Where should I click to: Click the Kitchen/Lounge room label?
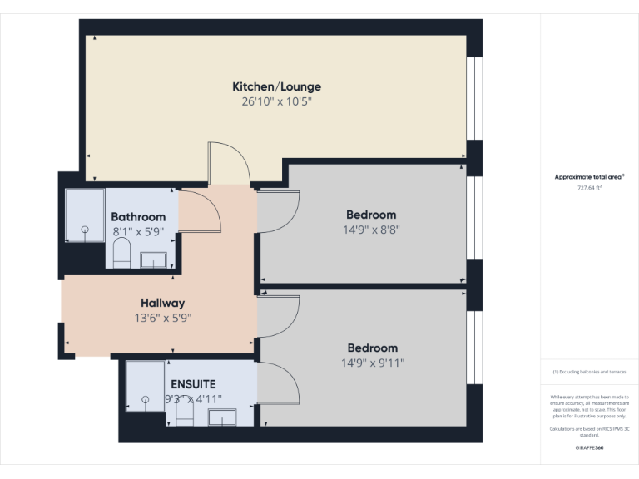[276, 86]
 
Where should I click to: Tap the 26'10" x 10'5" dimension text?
[276, 102]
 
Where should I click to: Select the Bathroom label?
[138, 217]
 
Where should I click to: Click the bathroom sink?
[153, 259]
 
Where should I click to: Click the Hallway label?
[162, 303]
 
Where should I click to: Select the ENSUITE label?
[193, 384]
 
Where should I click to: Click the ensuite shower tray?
[145, 385]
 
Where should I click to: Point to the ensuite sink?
[222, 417]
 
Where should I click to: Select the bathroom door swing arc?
[202, 212]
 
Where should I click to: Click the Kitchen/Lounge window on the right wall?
[474, 98]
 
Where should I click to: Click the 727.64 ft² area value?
[590, 188]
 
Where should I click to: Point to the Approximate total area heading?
[589, 177]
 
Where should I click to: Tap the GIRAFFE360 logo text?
[589, 448]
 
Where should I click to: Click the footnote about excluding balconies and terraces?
[589, 372]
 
